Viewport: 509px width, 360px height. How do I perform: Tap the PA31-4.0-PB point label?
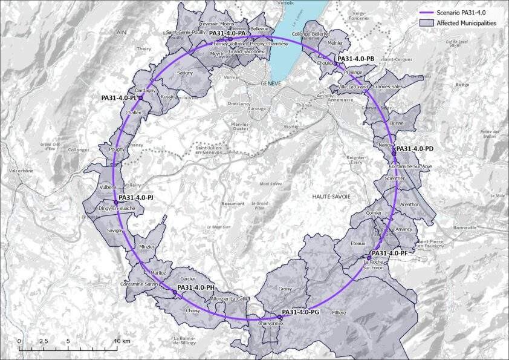point(356,59)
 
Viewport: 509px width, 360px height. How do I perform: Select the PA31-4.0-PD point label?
point(415,148)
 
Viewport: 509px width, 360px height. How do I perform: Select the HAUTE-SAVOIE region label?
point(331,197)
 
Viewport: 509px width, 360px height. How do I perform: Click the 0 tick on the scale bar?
point(19,342)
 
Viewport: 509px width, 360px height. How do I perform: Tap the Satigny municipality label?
point(185,73)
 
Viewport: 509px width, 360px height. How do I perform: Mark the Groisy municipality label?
point(285,289)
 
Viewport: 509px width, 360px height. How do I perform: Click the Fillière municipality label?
point(339,312)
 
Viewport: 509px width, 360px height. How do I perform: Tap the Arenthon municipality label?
point(409,205)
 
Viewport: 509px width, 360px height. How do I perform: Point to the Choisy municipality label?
point(193,310)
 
